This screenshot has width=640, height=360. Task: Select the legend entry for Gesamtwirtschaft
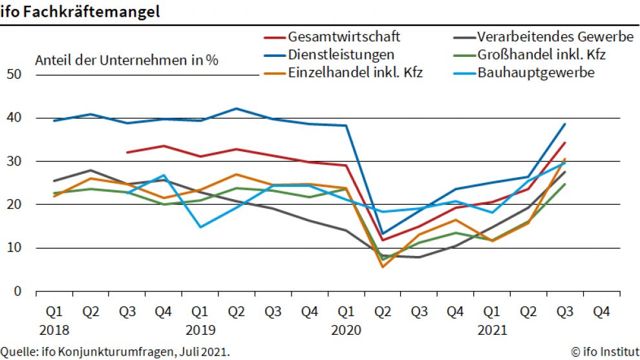pos(344,36)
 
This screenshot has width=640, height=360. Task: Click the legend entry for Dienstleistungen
pos(341,54)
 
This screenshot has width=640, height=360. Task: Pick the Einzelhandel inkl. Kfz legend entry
pos(355,72)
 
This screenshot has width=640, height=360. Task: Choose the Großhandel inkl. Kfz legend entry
pos(541,54)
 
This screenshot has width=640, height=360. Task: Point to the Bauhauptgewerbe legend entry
pos(536,72)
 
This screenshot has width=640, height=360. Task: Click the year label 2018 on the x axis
pos(55,330)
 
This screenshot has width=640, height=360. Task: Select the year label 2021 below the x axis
pos(493,330)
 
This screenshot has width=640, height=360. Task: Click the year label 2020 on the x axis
pos(347,330)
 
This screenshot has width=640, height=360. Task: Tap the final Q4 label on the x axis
pos(602,312)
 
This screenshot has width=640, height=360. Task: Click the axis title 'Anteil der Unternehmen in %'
pos(126,61)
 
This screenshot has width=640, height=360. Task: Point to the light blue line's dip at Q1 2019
pos(201,227)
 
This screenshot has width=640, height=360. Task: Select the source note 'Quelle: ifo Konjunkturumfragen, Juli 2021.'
pos(115,352)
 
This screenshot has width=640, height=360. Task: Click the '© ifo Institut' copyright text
pos(604,352)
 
